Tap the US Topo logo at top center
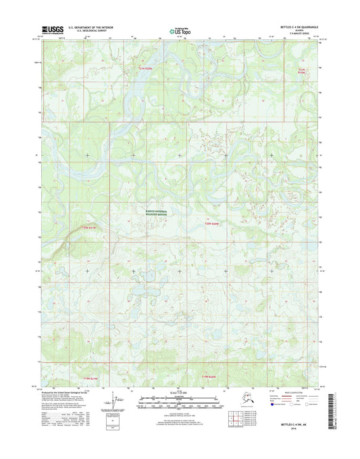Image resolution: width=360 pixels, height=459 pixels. tap(180, 29)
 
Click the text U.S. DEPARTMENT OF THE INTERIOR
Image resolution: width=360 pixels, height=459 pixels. tap(89, 26)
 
